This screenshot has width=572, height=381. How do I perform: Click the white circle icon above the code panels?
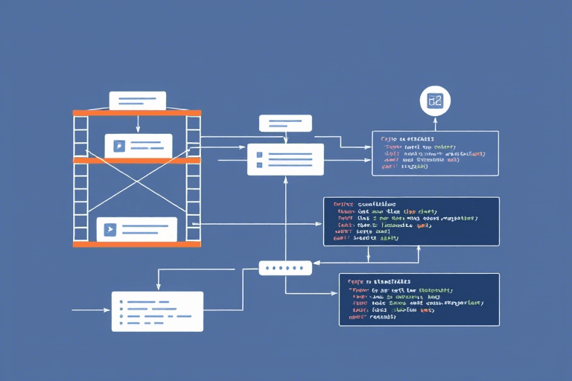click(435, 100)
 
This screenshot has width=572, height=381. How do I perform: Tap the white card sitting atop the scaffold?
click(137, 101)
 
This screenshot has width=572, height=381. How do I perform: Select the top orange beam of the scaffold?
click(137, 113)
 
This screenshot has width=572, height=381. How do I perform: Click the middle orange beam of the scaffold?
click(137, 160)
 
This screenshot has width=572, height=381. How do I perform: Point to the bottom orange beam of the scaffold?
click(137, 243)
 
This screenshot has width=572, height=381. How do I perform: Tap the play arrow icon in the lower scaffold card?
click(110, 229)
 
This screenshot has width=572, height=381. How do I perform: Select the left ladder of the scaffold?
click(80, 179)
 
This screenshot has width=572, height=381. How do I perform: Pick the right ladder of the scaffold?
click(194, 179)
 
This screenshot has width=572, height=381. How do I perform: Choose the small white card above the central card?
click(285, 124)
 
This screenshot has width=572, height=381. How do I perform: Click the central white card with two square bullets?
click(285, 159)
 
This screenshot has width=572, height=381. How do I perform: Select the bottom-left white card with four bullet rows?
click(157, 311)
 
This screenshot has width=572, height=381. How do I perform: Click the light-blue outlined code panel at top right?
click(436, 153)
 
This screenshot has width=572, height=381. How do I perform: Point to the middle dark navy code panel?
click(411, 221)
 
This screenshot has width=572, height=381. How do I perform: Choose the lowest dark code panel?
click(419, 299)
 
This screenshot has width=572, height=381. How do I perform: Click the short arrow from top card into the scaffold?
click(137, 123)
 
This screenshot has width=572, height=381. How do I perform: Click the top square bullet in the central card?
click(260, 153)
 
